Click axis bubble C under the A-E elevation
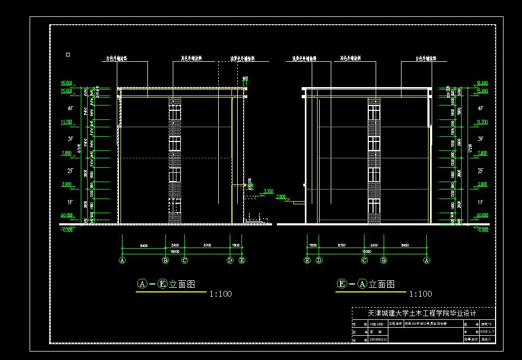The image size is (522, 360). pos(185,260)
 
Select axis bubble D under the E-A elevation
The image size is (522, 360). pos(319,260)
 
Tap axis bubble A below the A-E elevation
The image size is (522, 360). pos(123,260)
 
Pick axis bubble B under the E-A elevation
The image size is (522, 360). pos(384,260)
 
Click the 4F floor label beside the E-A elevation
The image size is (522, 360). pos(480,108)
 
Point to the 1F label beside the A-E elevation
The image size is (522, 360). pos(69,202)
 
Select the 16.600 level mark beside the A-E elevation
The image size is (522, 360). pos(67,83)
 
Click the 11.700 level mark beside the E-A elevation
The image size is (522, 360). pos(482,122)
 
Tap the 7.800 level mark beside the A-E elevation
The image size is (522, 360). pos(67,153)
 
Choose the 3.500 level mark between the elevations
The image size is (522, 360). pos(268,191)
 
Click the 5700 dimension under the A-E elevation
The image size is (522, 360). pos(208,246)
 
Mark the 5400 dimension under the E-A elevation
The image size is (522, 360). pos(405,246)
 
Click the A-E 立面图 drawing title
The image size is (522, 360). pos(166,284)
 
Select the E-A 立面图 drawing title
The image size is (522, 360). pos(366,284)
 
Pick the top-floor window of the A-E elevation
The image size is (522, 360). pos(175,112)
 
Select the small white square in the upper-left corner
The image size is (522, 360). pos(68,54)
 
